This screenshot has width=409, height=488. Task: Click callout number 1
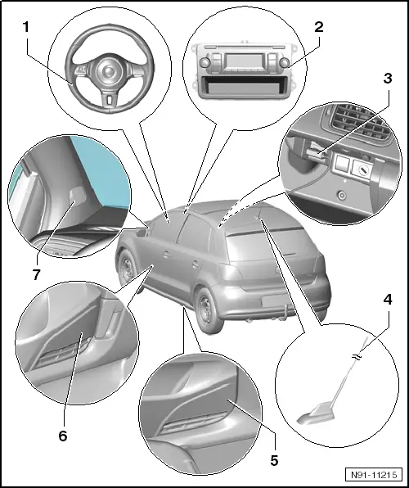[x=26, y=27]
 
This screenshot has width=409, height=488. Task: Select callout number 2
[x=318, y=27]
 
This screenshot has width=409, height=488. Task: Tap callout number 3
[x=388, y=79]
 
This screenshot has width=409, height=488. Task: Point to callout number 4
[x=388, y=300]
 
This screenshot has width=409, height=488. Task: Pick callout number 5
[x=274, y=461]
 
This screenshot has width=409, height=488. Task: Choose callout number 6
[x=63, y=436]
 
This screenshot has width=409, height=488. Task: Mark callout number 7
[x=36, y=275]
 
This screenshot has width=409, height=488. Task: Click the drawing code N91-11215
[x=374, y=475]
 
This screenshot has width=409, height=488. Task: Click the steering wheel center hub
[x=108, y=71]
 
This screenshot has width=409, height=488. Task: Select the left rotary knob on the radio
[x=204, y=62]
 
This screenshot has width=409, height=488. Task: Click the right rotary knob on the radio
[x=285, y=62]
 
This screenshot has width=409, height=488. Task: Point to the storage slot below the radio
[x=245, y=86]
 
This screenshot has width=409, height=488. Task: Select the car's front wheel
[x=128, y=270]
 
